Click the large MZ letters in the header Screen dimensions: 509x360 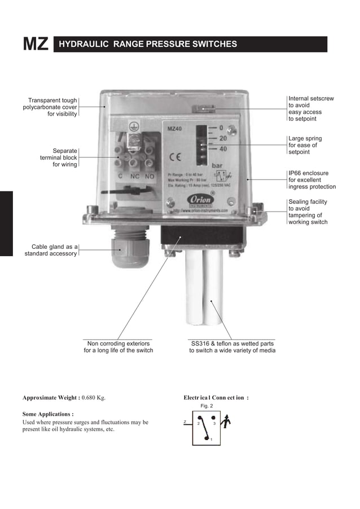pos(35,45)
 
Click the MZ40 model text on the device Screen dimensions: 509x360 pos(175,129)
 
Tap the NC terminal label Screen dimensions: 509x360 pos(134,177)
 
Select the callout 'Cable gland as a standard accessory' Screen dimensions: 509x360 pos(51,250)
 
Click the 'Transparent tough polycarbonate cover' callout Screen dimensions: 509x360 pos(50,107)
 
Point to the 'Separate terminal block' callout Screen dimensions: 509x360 pos(55,157)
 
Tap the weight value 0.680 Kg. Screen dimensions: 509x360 pos(94,397)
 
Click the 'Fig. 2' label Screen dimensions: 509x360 pos(207,406)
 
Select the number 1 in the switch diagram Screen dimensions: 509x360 pos(211,440)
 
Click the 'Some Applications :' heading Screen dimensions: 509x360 pos(48,414)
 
